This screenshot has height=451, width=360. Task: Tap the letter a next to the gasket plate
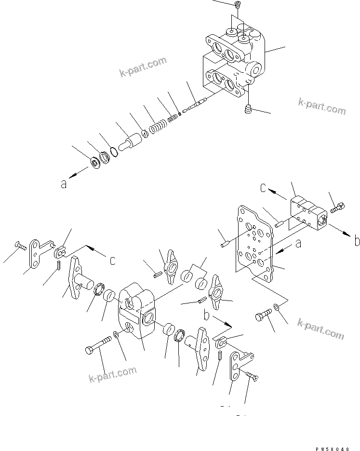coord(298,245)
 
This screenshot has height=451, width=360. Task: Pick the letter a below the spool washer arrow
coord(64,184)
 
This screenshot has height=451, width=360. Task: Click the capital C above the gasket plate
coord(264,188)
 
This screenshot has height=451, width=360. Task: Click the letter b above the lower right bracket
coord(206,315)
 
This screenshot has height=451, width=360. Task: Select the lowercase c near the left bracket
coord(112,260)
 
